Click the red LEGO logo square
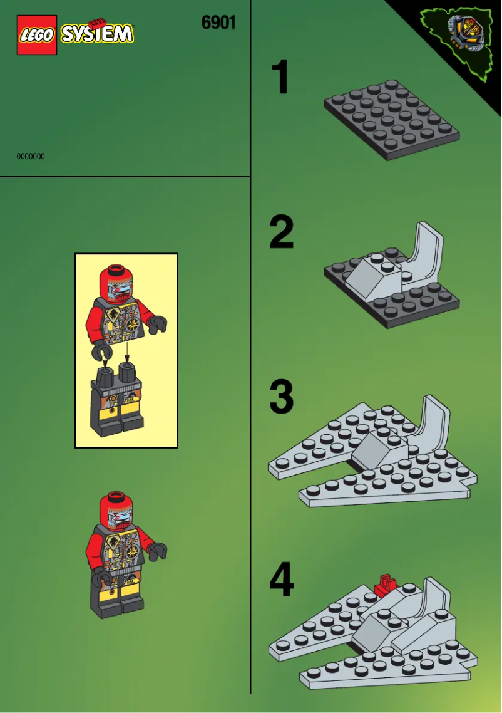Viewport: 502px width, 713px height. pos(37,34)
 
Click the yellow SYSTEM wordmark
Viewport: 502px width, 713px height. pos(97,34)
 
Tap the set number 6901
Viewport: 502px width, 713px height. pos(218,23)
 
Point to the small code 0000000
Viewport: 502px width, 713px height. pos(31,157)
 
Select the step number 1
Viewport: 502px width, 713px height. pos(280,78)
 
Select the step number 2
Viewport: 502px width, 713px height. pos(281,232)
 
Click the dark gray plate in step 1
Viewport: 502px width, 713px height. pos(391,119)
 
